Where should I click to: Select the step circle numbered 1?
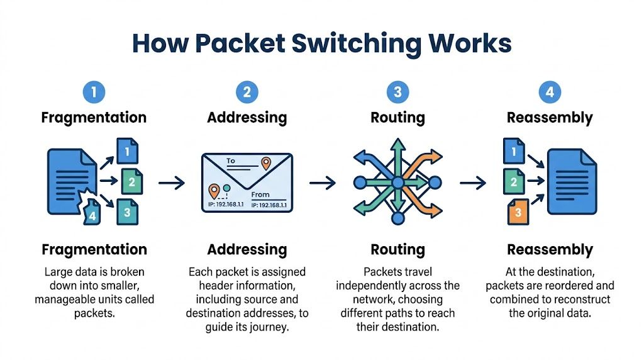coord(94,93)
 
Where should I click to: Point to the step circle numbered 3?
coord(397,93)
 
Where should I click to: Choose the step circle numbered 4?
coord(550,93)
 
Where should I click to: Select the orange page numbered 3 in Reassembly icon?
coord(518,212)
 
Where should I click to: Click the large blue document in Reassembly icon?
coord(571,182)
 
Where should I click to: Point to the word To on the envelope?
coord(231,161)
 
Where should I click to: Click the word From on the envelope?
coord(260,195)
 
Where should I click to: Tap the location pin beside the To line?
coord(266,164)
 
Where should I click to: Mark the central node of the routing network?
coord(397,183)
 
